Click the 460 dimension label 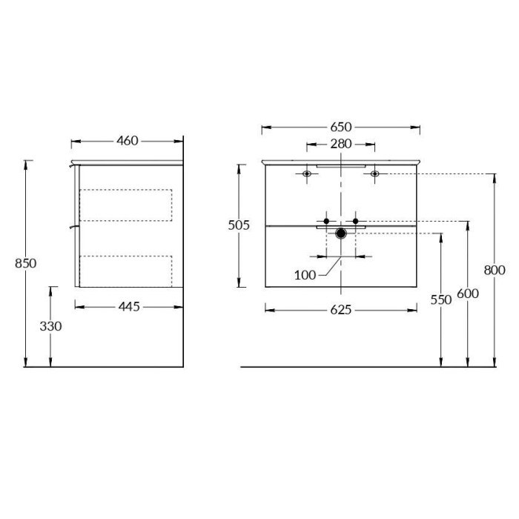(x=128, y=140)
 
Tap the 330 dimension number (x=50, y=325)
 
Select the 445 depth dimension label (x=129, y=306)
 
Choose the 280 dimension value (x=341, y=145)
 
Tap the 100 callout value (x=305, y=275)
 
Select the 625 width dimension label (x=340, y=309)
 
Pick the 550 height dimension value (x=441, y=300)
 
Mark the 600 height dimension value (x=468, y=294)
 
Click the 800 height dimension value (x=495, y=271)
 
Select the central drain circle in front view (x=341, y=234)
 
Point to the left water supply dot (x=325, y=221)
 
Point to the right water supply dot (x=356, y=221)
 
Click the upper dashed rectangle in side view (x=125, y=205)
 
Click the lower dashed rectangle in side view (x=125, y=271)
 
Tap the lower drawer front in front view (x=297, y=259)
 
